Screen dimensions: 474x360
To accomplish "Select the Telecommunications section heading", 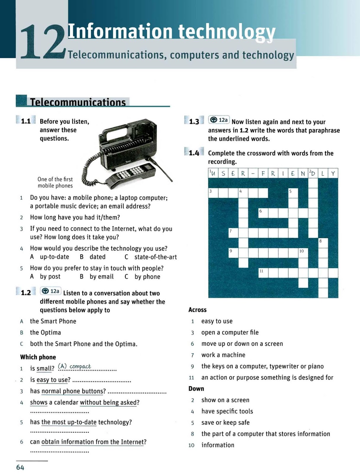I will tap(78, 102).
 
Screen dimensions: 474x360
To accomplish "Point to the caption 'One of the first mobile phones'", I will tap(55, 182).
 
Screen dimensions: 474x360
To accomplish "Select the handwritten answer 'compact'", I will tap(80, 366).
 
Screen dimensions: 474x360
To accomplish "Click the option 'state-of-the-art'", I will tap(155, 257).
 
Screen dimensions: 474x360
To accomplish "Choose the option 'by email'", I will tap(102, 276).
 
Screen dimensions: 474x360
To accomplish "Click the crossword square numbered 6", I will tap(263, 213).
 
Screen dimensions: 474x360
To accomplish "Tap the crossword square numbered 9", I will tap(233, 253).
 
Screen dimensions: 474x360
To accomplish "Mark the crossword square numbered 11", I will tap(263, 273).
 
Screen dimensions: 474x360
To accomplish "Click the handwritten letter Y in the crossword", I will tap(333, 173).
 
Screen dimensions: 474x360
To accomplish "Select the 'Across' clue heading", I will tap(197, 310).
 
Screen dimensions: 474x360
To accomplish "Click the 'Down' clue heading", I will tap(196, 388).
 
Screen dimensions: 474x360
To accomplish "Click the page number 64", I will tap(20, 467).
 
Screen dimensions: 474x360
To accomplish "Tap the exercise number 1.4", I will tap(194, 153).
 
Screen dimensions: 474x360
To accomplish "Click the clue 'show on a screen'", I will tap(225, 400).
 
